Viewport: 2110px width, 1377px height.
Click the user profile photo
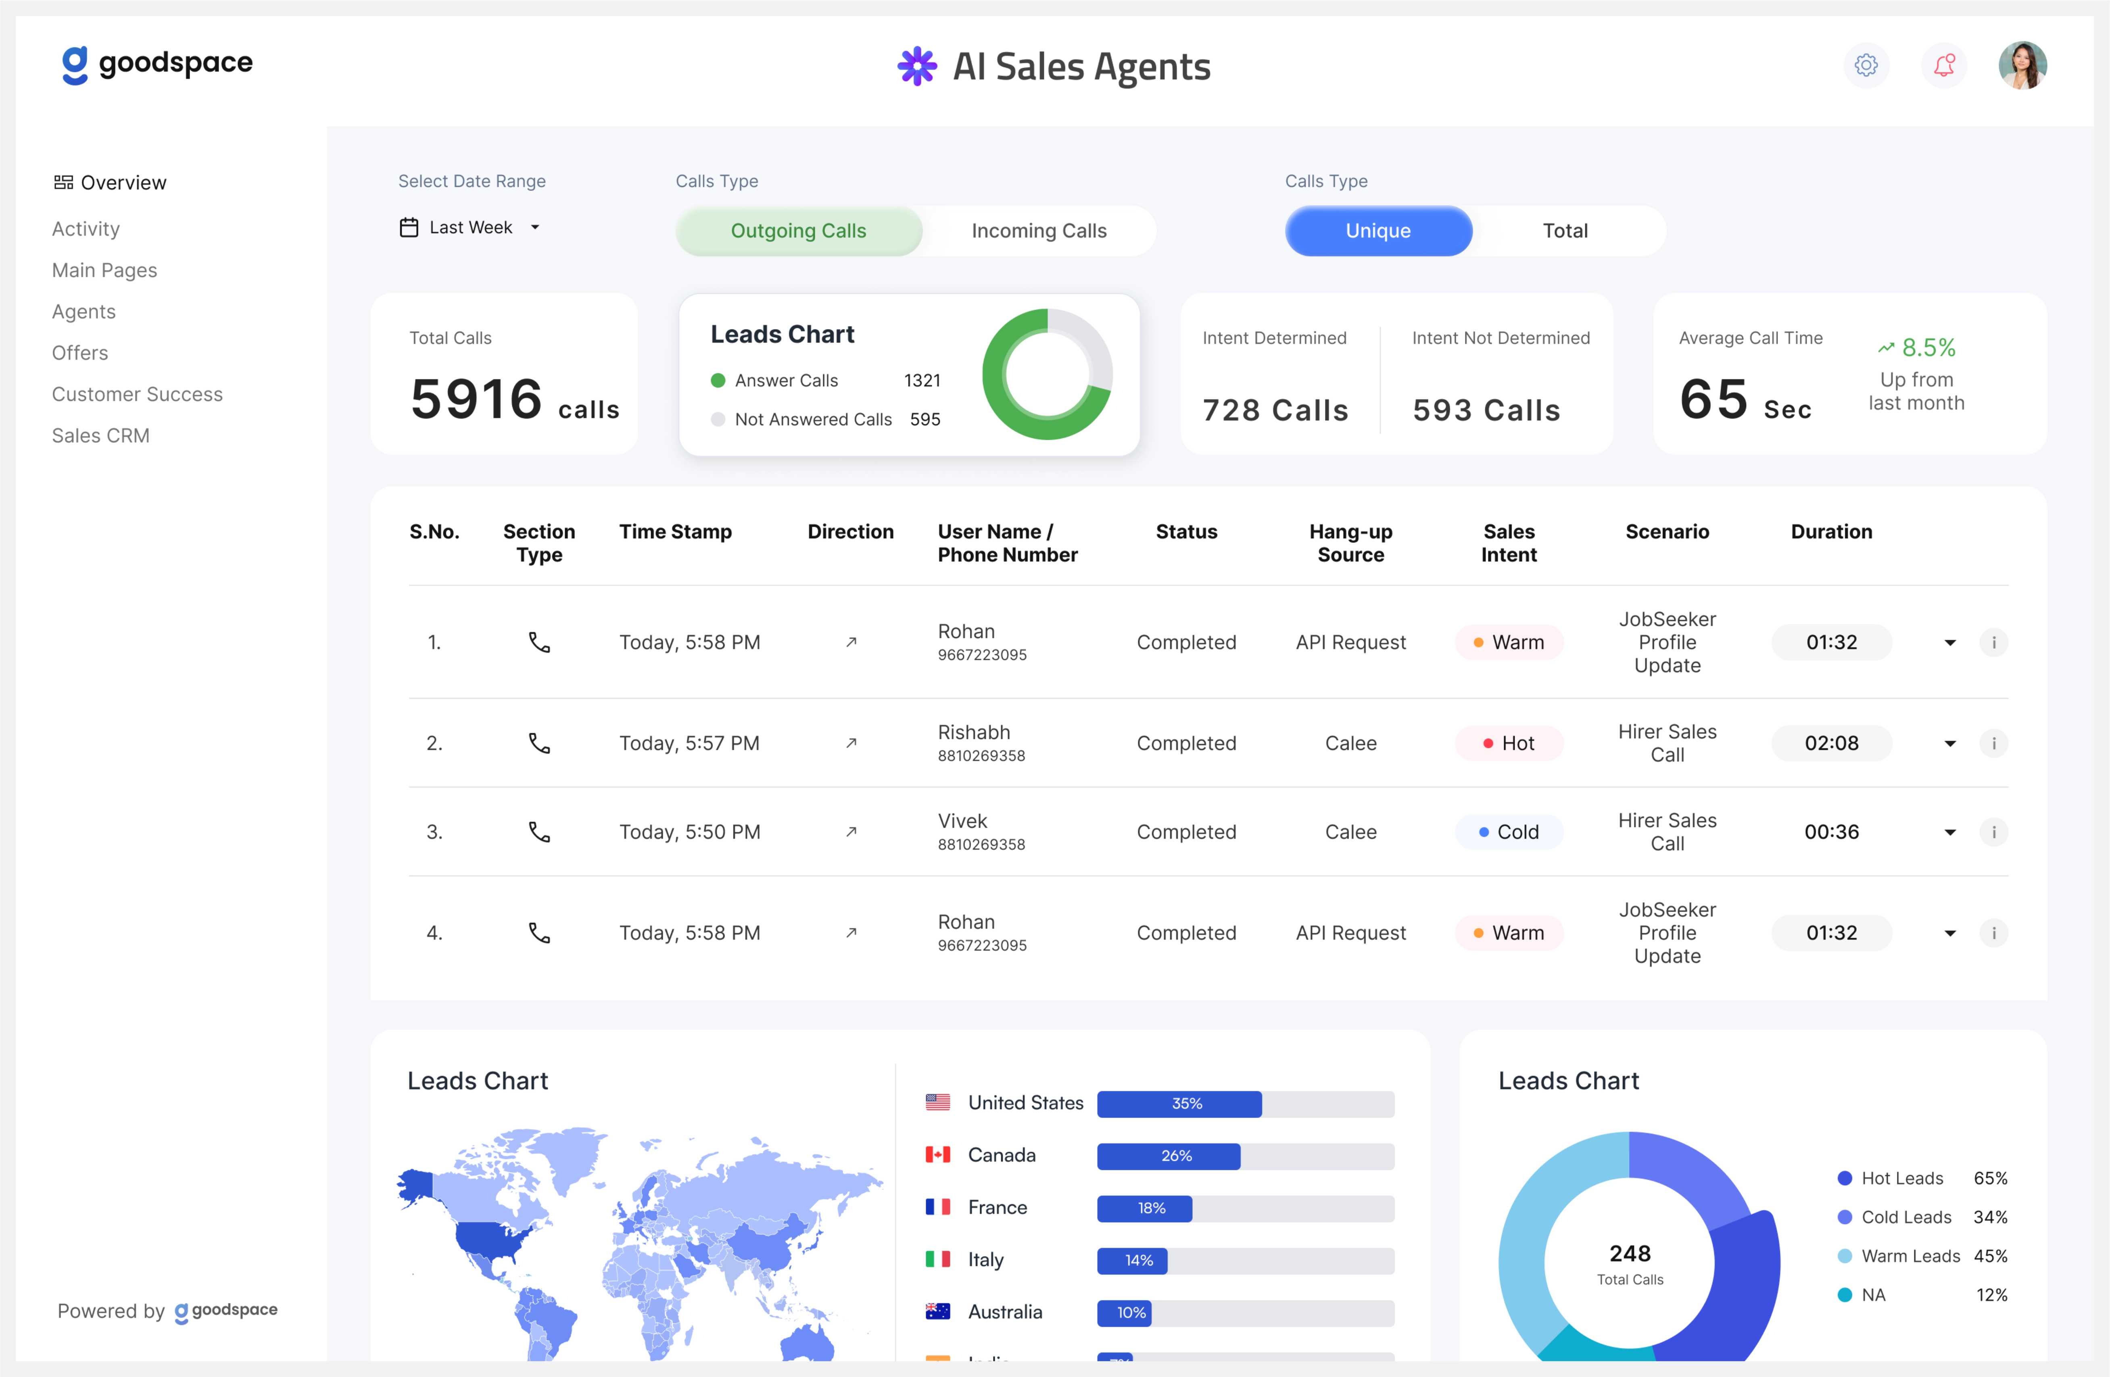pos(2022,66)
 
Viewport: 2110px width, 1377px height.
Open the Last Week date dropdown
pos(470,228)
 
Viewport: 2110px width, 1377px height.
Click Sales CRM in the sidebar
pos(100,435)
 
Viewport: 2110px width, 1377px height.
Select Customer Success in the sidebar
pos(136,394)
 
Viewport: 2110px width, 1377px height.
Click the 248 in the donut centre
pos(1630,1253)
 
